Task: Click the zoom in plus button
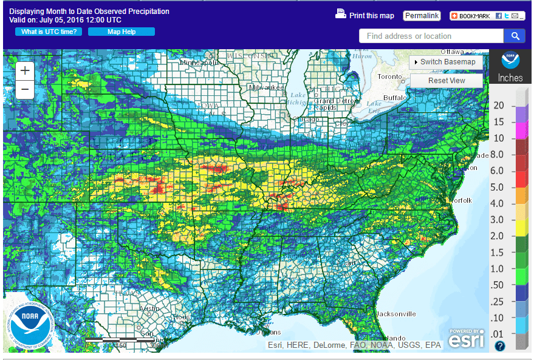[25, 70]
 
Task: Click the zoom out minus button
[25, 90]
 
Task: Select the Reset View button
[447, 80]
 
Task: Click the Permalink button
[422, 16]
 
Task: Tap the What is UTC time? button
[49, 32]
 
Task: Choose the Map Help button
[122, 32]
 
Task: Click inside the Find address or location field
[431, 36]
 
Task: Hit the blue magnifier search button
[515, 36]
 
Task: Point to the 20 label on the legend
[499, 106]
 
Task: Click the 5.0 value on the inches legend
[498, 187]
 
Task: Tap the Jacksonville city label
[395, 314]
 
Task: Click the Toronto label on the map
[389, 77]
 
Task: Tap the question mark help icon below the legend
[499, 346]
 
